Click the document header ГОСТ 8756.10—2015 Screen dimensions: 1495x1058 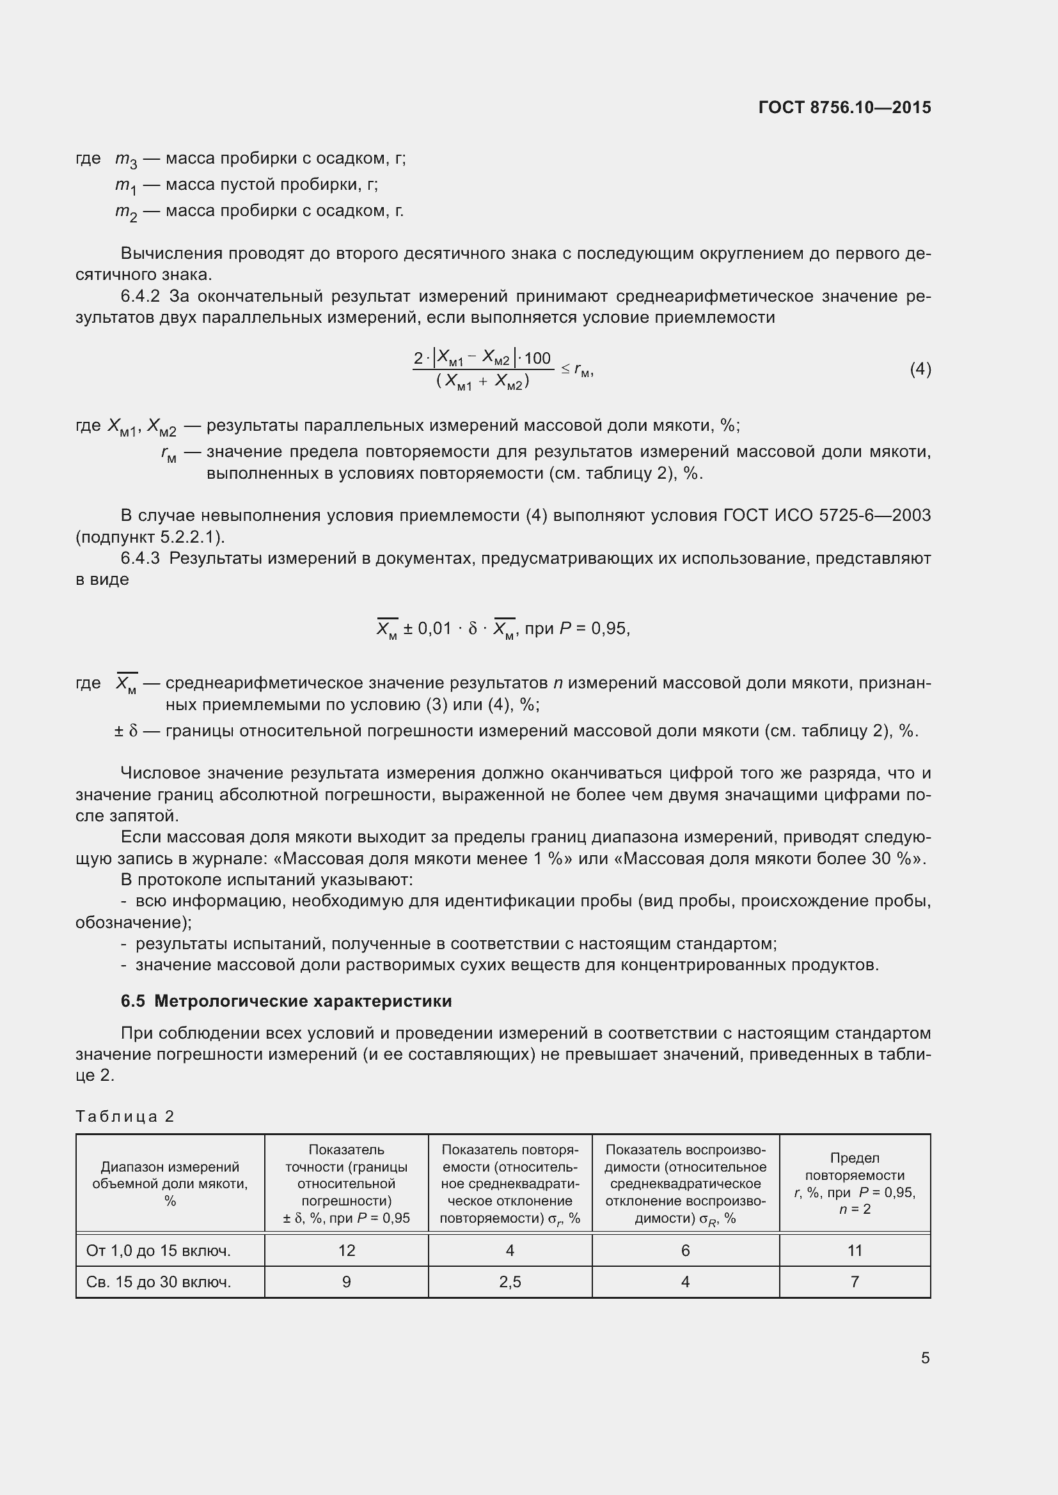pos(844,107)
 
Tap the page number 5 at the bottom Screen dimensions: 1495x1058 pos(925,1358)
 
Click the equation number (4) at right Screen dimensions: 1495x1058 pos(920,369)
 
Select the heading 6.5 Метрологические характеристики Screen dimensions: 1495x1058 pos(286,1001)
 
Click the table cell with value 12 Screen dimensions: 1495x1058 pos(347,1250)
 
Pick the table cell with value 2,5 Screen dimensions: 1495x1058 pos(510,1282)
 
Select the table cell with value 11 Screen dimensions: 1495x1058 pos(855,1250)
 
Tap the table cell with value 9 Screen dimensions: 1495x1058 pos(347,1282)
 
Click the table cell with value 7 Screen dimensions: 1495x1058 pos(855,1282)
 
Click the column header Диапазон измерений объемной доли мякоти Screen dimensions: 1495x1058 pos(170,1183)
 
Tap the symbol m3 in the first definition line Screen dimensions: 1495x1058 pos(126,160)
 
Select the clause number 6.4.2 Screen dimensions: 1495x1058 pos(140,297)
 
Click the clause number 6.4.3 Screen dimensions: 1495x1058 pos(140,558)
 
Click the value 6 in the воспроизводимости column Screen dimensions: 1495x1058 pos(685,1250)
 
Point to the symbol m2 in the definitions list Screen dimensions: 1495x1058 pos(126,212)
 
